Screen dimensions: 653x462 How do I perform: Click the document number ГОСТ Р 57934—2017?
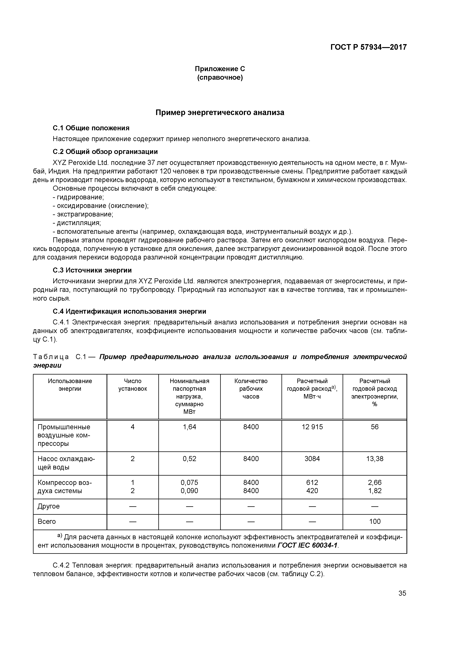tap(368, 47)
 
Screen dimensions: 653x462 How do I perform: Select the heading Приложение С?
tap(220, 69)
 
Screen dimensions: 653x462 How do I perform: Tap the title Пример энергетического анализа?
tap(220, 113)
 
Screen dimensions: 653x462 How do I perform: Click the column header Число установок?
tap(133, 385)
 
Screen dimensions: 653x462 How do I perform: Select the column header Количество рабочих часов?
tap(251, 388)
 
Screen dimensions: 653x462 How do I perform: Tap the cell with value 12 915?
tap(312, 427)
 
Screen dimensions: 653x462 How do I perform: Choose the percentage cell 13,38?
tap(375, 459)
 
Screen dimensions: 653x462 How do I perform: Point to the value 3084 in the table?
tap(312, 459)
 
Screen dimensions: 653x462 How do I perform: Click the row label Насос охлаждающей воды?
tap(66, 463)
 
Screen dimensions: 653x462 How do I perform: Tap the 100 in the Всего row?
tap(375, 521)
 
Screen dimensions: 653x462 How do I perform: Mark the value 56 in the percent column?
tap(375, 427)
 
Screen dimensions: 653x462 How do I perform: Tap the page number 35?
tap(402, 593)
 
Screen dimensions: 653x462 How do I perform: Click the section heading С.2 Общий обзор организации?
tap(105, 151)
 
